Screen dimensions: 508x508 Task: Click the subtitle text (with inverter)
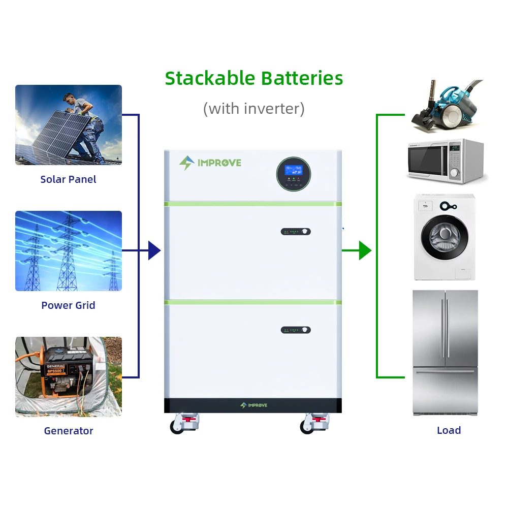coord(254,108)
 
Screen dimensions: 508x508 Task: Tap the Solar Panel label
coord(68,179)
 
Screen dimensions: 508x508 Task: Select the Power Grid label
coord(68,305)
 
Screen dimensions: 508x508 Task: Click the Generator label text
coord(68,431)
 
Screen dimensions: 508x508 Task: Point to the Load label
coord(449,430)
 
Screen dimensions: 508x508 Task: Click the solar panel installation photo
coord(69,125)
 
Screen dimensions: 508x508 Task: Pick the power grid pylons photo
coord(69,251)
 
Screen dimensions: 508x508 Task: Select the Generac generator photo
coord(69,376)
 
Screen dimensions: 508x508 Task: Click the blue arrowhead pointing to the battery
coord(154,250)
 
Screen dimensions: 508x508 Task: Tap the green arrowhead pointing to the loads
coord(365,250)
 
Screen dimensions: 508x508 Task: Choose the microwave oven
coord(444,162)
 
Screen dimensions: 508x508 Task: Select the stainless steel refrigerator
coord(445,353)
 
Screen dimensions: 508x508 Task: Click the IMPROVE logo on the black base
coord(253,405)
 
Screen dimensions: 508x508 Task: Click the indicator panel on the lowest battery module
coord(296,330)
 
